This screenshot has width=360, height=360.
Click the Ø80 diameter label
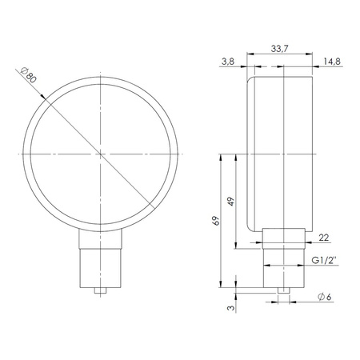point(28,75)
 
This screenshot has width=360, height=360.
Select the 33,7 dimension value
point(279,49)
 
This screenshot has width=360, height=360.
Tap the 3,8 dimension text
point(228,62)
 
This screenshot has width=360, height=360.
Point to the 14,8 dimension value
point(332,62)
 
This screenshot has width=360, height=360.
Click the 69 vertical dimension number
point(216,221)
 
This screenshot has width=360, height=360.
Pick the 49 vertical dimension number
point(231,201)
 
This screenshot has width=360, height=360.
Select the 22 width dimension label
point(324,238)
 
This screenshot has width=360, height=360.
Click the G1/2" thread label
point(324,260)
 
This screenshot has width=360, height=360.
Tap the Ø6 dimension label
point(325,297)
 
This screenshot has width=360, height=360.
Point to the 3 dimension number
point(231,308)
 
